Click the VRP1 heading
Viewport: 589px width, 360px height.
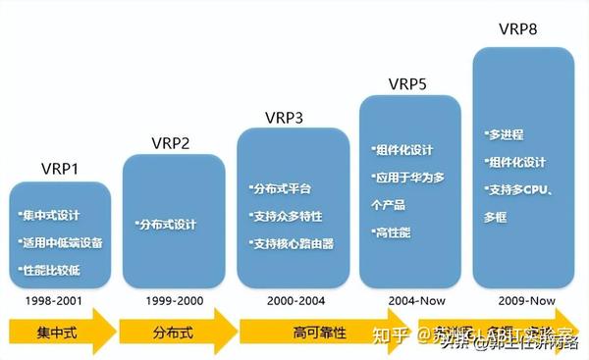click(61, 169)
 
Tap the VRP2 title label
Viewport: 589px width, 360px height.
click(171, 143)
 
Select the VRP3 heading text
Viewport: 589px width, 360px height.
click(284, 118)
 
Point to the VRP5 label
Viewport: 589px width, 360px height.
click(406, 83)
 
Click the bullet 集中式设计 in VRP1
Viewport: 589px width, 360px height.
click(53, 214)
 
